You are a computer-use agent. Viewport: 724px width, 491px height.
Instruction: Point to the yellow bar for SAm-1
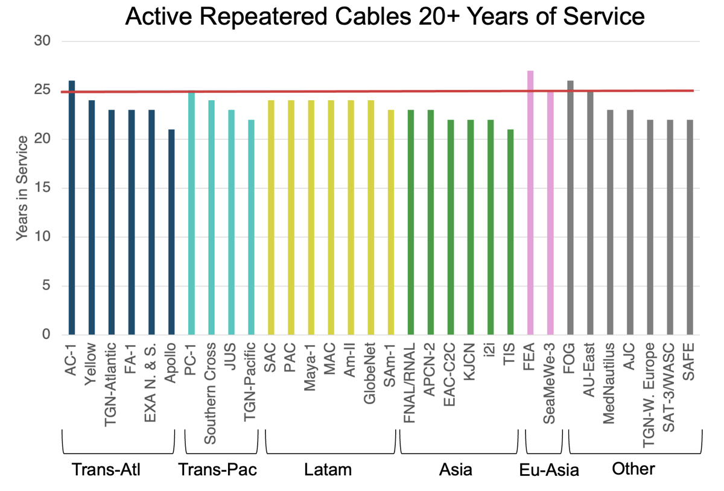[391, 223]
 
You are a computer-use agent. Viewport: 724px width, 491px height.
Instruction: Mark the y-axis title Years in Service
[22, 188]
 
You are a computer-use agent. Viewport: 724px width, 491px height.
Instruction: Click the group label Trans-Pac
[218, 470]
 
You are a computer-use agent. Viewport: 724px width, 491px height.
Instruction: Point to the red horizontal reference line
[362, 92]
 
